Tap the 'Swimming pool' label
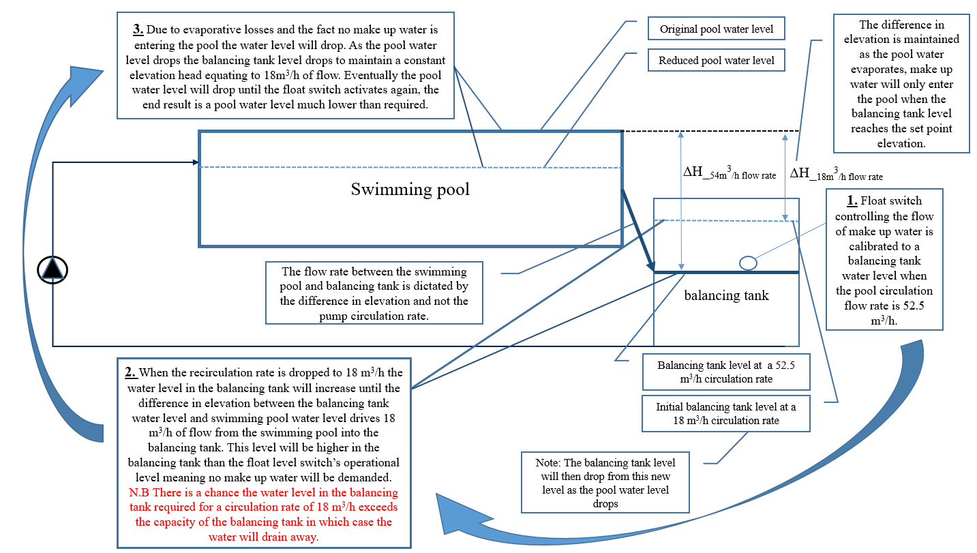click(410, 189)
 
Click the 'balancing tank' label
click(727, 295)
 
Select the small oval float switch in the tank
click(748, 263)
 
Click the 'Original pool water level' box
click(716, 29)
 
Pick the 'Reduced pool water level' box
click(716, 60)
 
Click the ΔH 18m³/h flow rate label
click(836, 174)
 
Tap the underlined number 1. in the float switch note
click(851, 201)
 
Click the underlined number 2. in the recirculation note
click(130, 373)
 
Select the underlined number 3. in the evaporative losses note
click(137, 30)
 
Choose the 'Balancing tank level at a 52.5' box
click(725, 372)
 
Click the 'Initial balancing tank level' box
click(725, 413)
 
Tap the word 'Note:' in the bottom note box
click(550, 462)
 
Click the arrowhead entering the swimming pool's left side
click(195, 163)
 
